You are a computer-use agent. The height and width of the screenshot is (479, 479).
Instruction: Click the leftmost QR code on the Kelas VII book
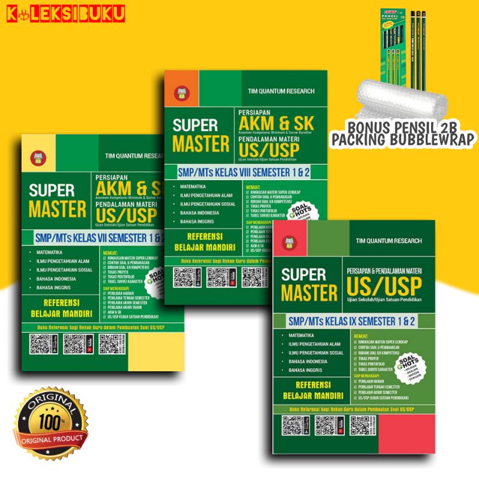coord(40,345)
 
